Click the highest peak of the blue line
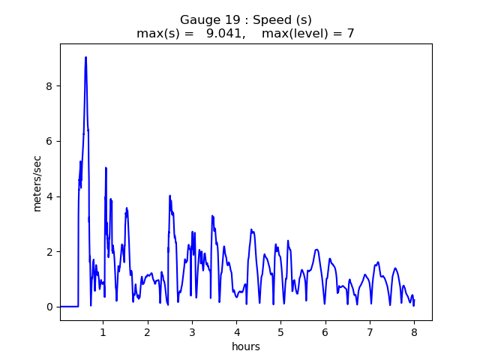[x=85, y=57]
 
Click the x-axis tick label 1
[x=103, y=331]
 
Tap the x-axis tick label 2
[x=148, y=331]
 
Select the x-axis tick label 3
[x=192, y=331]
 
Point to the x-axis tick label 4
[x=236, y=331]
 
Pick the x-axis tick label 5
[x=280, y=331]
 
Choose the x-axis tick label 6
[x=325, y=331]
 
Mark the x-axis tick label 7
[x=370, y=331]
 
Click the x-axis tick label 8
[x=414, y=331]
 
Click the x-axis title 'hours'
[x=246, y=346]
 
